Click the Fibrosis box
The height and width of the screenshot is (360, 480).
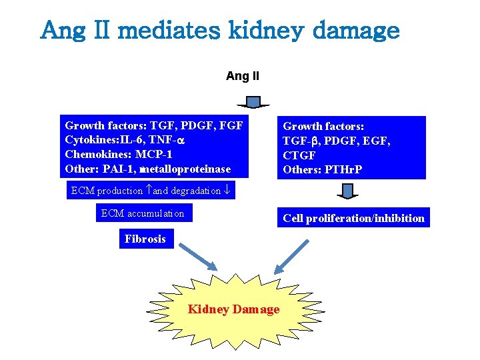pos(146,239)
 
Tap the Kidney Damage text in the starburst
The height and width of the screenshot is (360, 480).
pos(233,309)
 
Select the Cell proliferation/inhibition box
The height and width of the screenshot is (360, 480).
pos(353,218)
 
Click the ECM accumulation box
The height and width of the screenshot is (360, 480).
pos(142,213)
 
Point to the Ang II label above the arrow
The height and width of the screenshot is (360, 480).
pos(243,76)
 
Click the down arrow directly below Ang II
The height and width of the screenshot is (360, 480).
pos(253,102)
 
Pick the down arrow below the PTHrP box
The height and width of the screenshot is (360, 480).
pos(347,192)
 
